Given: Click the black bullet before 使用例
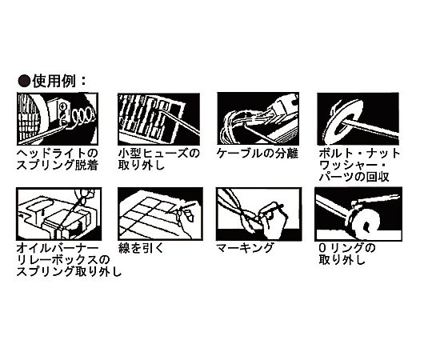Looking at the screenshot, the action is click(x=24, y=81).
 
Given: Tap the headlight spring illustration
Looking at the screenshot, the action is click(x=58, y=118).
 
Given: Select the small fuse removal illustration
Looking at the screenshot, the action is click(x=158, y=119).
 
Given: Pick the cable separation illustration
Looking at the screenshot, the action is click(x=258, y=118).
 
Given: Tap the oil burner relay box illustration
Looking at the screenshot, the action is click(x=59, y=214).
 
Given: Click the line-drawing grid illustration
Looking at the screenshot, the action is click(x=160, y=214).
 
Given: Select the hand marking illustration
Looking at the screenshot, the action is click(x=258, y=214).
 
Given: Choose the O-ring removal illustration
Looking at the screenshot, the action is click(x=358, y=214).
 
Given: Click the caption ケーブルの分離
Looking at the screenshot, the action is click(x=257, y=154).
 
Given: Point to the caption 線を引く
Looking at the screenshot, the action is click(x=141, y=248).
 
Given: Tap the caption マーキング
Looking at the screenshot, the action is click(x=244, y=248).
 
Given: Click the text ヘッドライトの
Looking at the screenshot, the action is click(x=58, y=154).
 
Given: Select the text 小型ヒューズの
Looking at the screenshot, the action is click(x=158, y=154).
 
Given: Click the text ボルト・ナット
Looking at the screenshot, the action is click(x=359, y=154).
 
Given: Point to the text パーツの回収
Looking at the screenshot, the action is click(x=354, y=177).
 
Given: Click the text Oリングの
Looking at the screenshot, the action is click(x=347, y=248).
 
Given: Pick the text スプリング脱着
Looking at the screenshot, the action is click(x=58, y=166).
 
